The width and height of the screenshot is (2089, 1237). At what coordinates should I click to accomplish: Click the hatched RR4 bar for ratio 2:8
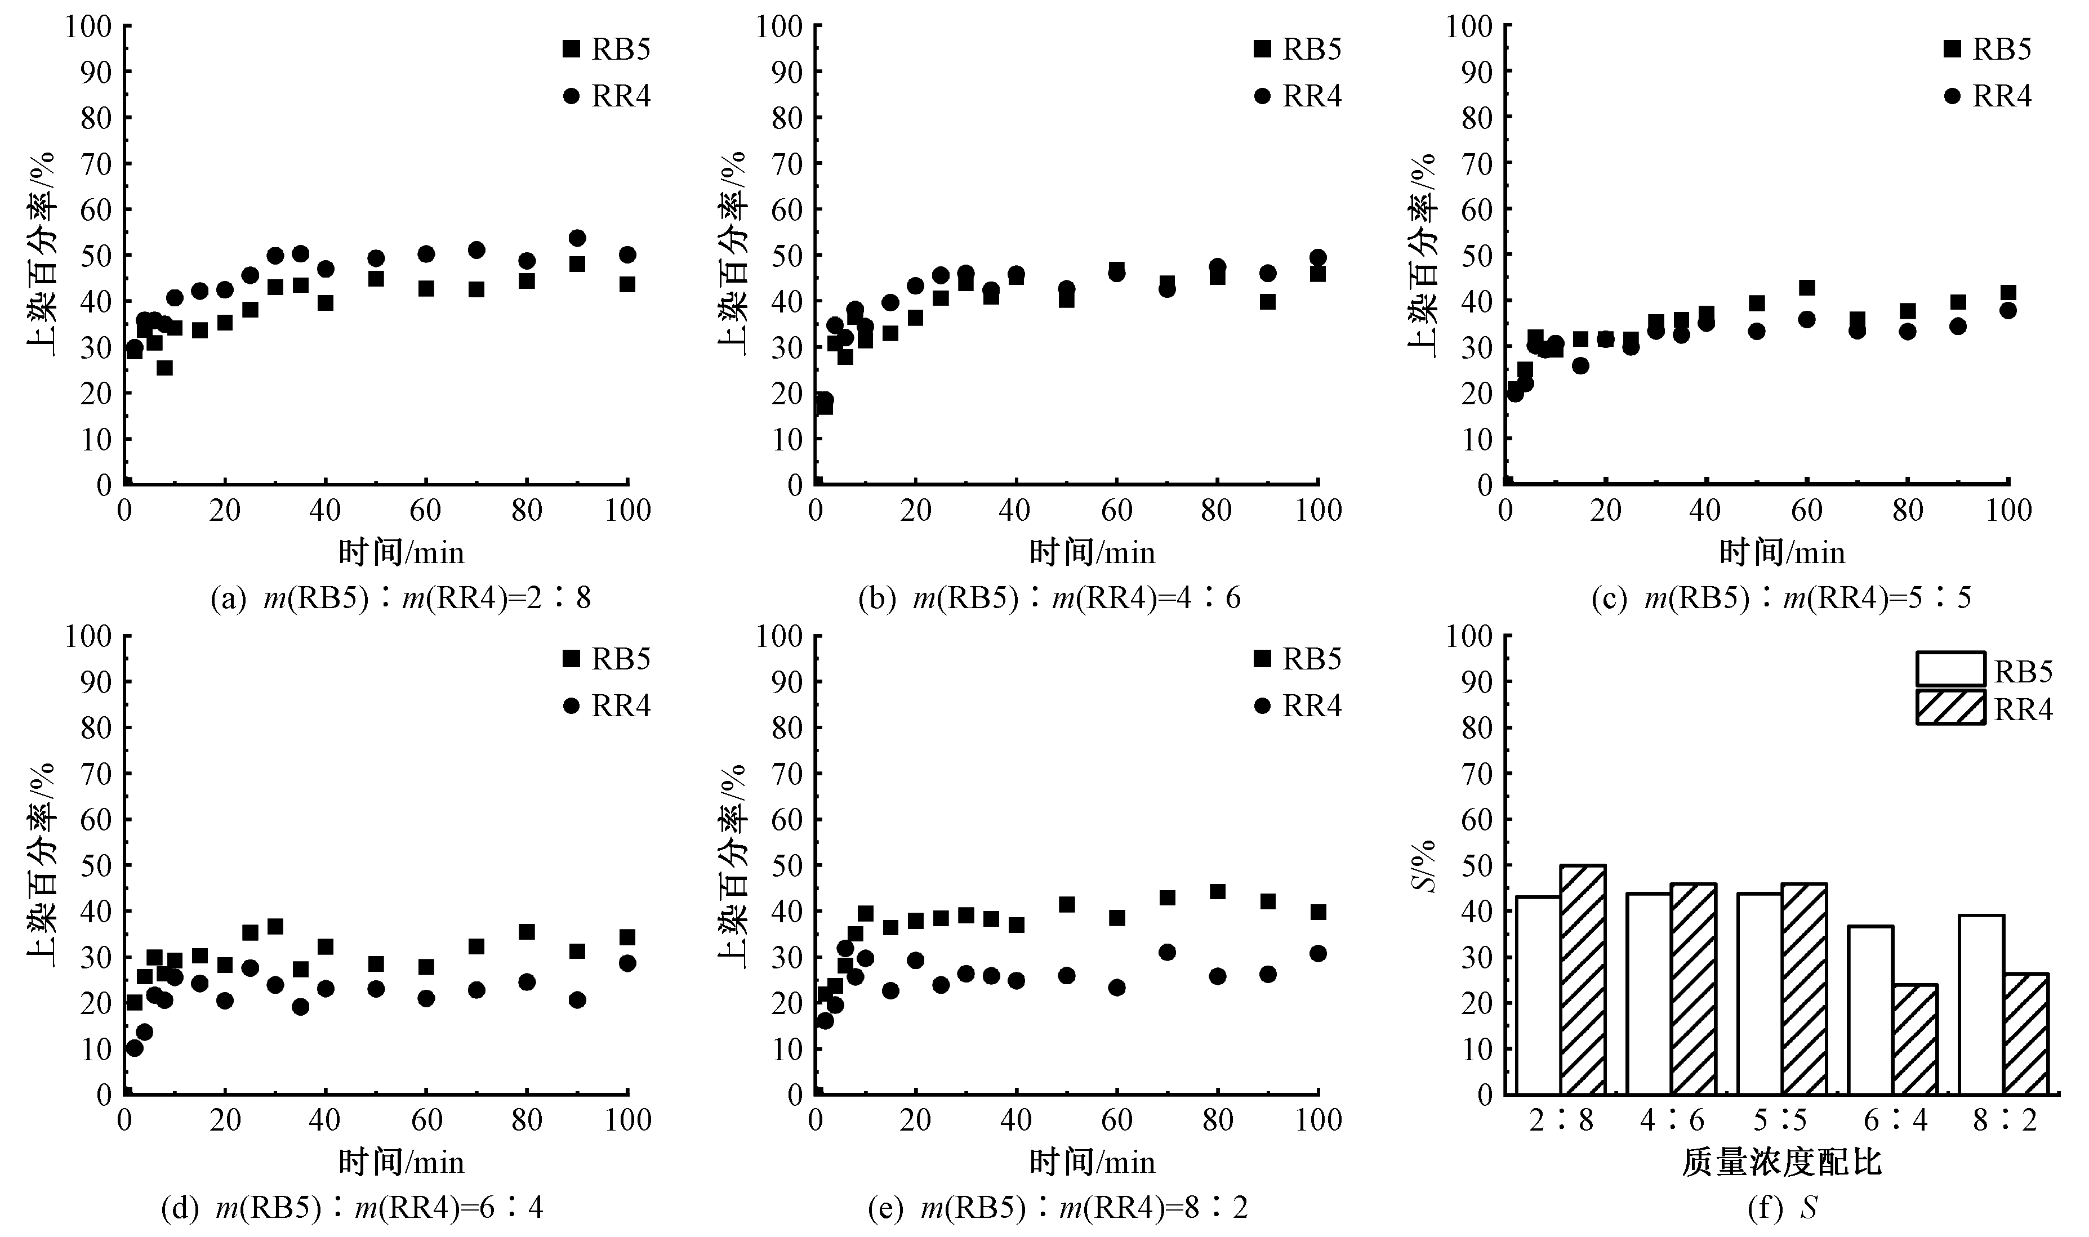(1582, 980)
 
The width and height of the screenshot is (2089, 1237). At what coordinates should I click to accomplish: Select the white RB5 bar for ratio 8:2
(1981, 1004)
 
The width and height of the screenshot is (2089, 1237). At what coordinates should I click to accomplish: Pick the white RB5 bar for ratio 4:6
(1648, 994)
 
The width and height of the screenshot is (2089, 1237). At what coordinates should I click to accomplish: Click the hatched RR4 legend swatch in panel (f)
(1950, 708)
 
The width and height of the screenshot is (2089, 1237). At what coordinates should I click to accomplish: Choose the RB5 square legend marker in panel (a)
(571, 49)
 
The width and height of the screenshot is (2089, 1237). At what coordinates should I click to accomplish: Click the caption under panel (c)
(1781, 597)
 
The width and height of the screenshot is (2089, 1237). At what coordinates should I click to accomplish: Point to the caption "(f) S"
(1781, 1208)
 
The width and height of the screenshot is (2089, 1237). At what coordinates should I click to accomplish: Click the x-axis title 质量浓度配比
(1781, 1162)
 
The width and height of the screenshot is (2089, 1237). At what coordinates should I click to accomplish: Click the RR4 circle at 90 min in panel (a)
(577, 238)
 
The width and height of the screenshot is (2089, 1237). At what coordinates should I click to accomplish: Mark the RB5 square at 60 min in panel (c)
(1806, 288)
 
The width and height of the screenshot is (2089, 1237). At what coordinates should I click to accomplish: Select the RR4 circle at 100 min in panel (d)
(627, 963)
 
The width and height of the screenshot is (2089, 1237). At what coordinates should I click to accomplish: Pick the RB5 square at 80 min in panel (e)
(1217, 892)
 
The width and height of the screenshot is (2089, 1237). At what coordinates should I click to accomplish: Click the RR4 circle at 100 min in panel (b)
(1317, 257)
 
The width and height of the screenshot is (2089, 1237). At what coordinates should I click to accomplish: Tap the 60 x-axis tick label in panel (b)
(1116, 510)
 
